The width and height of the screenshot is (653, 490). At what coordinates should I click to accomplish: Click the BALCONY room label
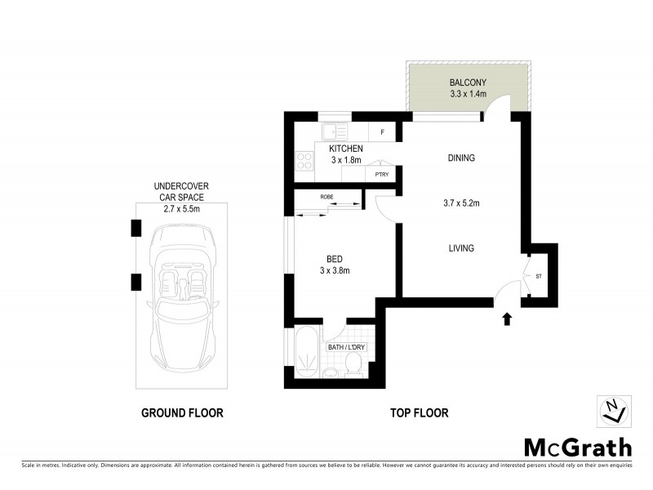point(468,82)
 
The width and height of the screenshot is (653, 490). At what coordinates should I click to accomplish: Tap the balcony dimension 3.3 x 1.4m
point(468,94)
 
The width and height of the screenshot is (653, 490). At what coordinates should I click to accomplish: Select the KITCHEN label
point(345,149)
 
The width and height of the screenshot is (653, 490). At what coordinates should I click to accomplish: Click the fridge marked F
point(383,131)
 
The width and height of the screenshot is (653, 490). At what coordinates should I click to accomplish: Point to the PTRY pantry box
point(381,174)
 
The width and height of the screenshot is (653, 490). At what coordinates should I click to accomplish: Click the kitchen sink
point(335,131)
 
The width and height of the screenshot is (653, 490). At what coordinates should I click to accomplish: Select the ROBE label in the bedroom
point(326,197)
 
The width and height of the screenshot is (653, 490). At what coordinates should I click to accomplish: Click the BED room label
point(334,260)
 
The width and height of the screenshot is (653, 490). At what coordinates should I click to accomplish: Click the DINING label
point(461,158)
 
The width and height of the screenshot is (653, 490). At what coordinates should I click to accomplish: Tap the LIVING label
point(461,248)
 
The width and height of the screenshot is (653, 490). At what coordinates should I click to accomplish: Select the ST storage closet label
point(539,276)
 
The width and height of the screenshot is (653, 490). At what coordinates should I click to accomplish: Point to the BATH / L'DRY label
point(348,347)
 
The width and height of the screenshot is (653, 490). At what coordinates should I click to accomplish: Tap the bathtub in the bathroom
point(307,354)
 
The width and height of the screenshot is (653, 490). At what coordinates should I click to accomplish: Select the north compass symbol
point(612,411)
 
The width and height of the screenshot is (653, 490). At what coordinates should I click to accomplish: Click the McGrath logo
point(577,447)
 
